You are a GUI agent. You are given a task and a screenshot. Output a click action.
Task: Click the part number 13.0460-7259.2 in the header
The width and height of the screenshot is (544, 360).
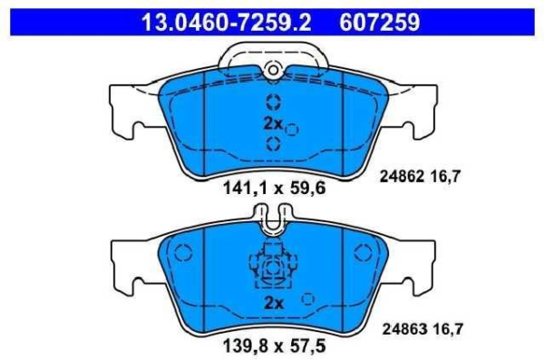click(226, 23)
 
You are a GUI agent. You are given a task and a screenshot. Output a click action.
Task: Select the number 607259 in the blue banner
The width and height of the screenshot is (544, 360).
click(380, 23)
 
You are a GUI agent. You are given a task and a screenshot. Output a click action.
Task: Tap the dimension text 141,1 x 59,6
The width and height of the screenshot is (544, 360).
click(274, 188)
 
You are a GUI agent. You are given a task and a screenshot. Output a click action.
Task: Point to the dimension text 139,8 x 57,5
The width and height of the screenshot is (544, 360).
click(274, 345)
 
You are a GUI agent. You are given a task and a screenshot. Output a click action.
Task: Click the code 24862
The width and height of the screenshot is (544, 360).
click(402, 177)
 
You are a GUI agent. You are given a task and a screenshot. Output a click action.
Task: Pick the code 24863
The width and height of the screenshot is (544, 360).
click(404, 329)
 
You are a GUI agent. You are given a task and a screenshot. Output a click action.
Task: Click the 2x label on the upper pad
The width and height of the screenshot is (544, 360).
click(273, 123)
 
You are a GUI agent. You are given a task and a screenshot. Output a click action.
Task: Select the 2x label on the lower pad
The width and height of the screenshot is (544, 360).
click(274, 303)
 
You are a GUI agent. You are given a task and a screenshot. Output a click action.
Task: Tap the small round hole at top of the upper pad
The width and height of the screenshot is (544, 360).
click(274, 71)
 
